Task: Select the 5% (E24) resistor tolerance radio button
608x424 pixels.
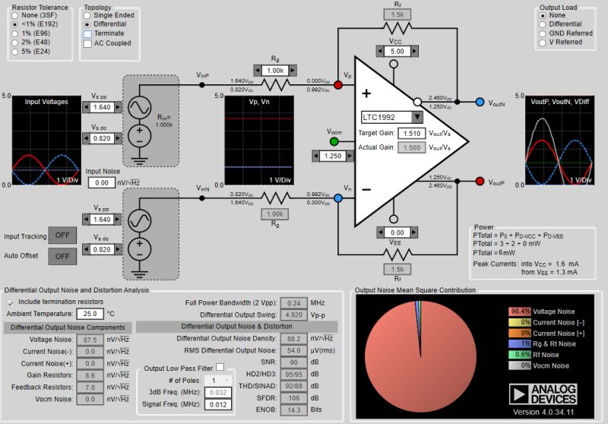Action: point(13,52)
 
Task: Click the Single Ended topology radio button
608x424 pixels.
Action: point(87,15)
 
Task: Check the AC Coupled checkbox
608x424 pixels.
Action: point(87,43)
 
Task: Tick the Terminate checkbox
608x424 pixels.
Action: point(87,33)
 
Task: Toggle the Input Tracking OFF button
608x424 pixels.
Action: point(62,235)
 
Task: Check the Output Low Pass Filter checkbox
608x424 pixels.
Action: point(219,368)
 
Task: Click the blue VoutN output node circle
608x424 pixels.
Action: point(480,102)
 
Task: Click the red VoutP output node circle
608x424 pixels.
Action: point(480,182)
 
